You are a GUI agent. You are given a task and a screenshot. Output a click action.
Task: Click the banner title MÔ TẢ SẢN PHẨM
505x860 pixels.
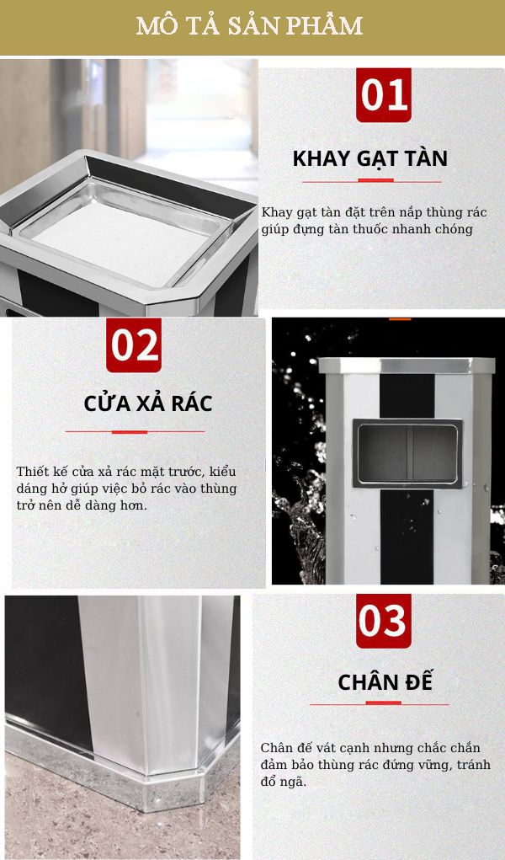tap(250, 26)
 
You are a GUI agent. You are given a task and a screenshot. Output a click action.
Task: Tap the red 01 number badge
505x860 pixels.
tap(384, 94)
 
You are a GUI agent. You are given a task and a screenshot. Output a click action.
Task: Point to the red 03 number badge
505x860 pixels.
tap(383, 621)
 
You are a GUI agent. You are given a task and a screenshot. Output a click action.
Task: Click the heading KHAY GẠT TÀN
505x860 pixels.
tap(369, 158)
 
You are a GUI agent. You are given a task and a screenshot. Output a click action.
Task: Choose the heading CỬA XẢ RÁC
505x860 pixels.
tap(147, 403)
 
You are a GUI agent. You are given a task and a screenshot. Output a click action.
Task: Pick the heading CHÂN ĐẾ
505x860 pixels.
tap(385, 681)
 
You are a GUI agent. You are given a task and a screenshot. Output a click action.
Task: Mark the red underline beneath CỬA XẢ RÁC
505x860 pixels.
tap(135, 431)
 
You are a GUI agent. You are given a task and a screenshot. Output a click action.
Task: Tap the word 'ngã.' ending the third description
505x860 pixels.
tap(294, 782)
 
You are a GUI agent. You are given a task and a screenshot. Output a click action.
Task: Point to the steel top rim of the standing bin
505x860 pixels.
tap(407, 366)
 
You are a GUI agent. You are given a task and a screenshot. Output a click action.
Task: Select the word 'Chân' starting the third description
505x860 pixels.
tap(276, 748)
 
